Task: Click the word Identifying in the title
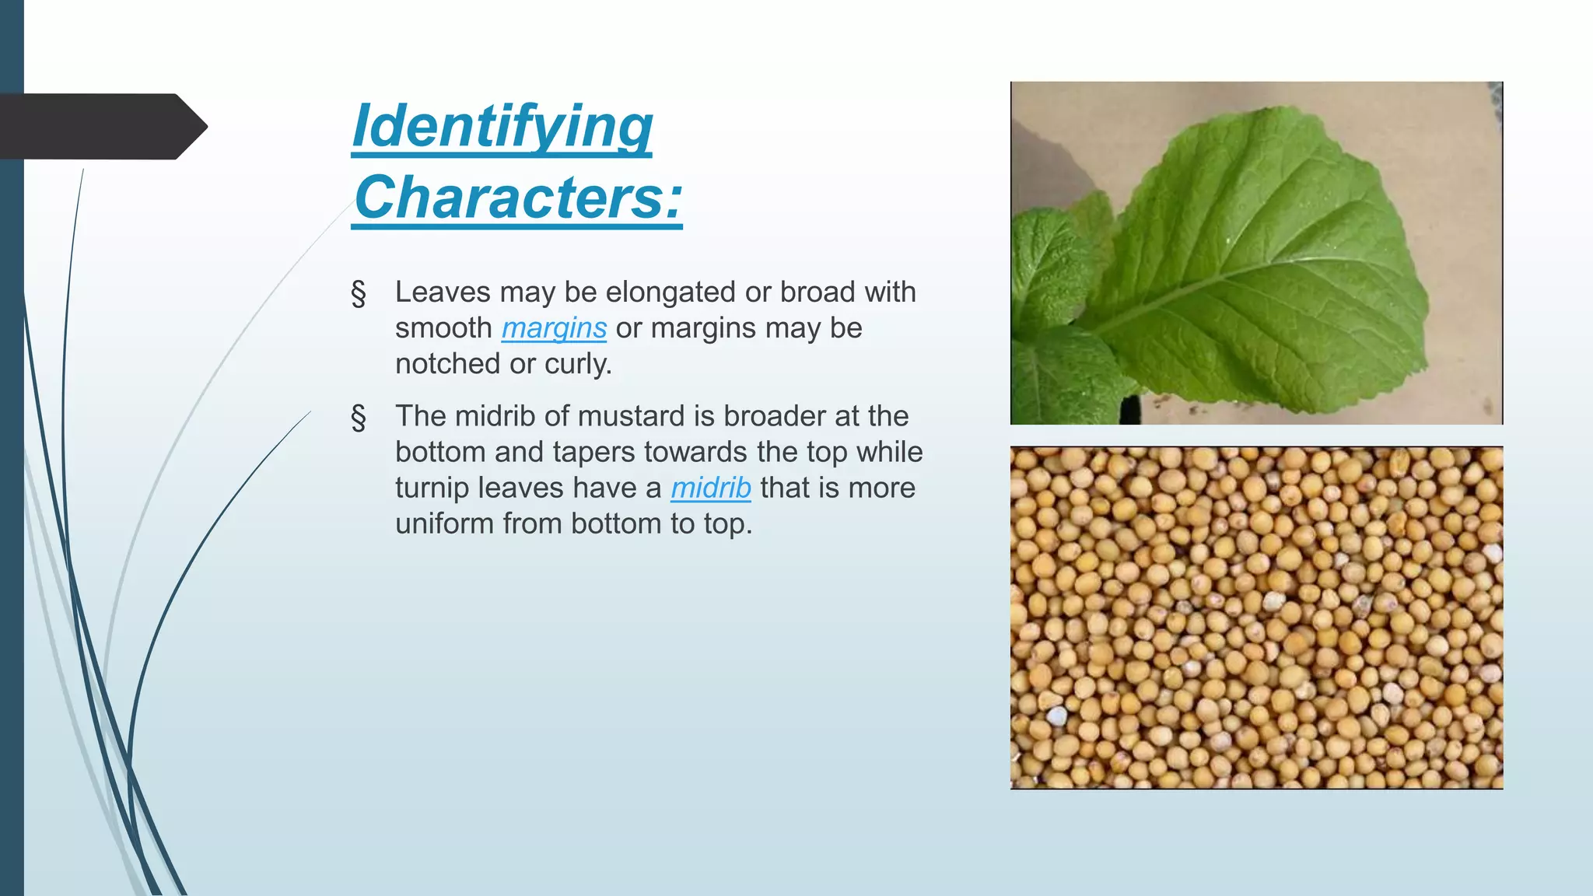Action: coord(502,126)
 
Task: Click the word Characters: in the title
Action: coord(518,198)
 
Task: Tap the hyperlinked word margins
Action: coord(554,328)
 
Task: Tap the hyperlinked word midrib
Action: coord(711,488)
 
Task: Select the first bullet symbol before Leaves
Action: coord(359,294)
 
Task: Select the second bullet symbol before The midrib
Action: coord(359,418)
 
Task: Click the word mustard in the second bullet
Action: coord(632,416)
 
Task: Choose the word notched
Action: coord(447,364)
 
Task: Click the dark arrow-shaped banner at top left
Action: coord(101,126)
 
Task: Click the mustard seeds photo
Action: coord(1256,618)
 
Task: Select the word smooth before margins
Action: coord(443,328)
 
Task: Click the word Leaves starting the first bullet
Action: coord(443,292)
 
